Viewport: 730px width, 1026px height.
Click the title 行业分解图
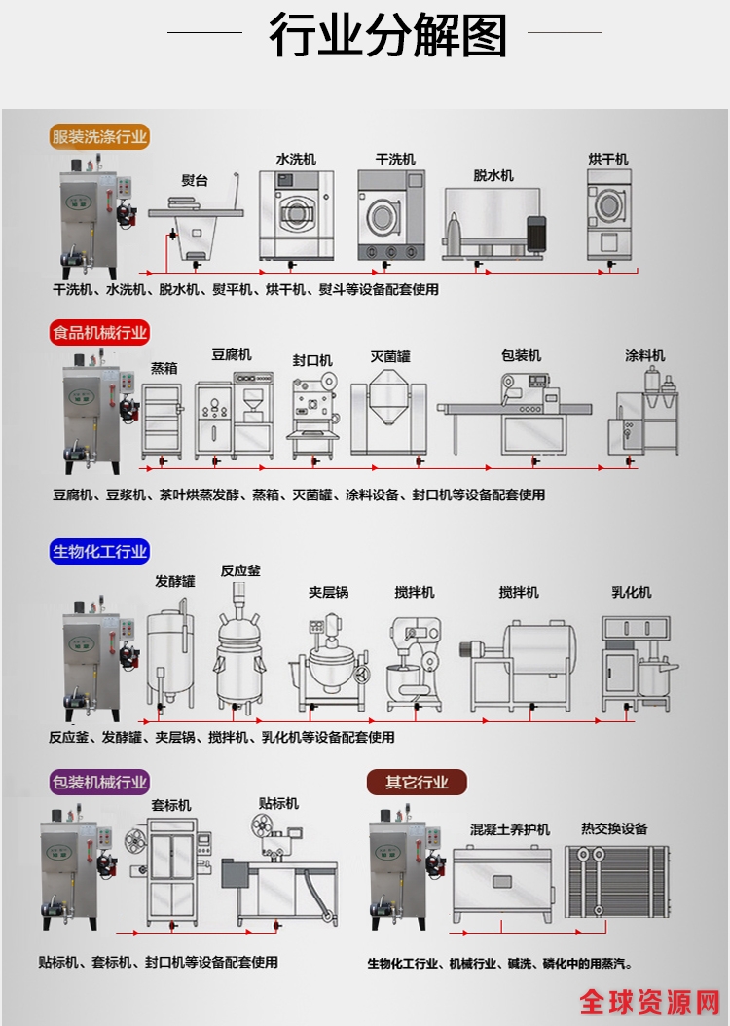(x=387, y=37)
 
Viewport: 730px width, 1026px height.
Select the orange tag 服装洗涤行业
(x=99, y=137)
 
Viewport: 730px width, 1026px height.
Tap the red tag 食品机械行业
(x=99, y=333)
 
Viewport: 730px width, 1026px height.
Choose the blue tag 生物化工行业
(x=99, y=552)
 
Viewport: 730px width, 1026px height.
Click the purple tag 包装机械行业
(x=99, y=782)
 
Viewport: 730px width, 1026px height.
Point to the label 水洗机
(x=296, y=159)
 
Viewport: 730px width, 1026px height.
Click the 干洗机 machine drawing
(x=391, y=216)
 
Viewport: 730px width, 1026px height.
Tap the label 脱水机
(x=493, y=175)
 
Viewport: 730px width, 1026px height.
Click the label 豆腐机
(x=232, y=354)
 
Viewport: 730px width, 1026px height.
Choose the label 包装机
(x=521, y=355)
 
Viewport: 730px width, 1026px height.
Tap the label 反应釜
(x=240, y=570)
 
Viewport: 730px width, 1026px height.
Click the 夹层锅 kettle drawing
(x=327, y=663)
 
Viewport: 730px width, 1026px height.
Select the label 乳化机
(x=631, y=592)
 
